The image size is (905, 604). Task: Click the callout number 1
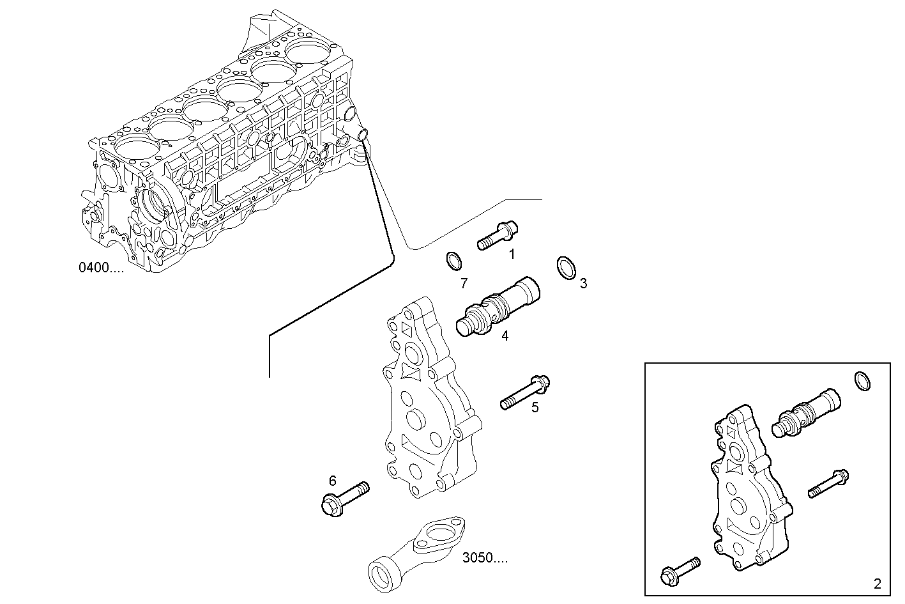click(512, 254)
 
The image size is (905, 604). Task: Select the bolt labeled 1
click(498, 236)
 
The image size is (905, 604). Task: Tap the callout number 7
click(464, 283)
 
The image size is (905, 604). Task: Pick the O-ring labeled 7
click(453, 261)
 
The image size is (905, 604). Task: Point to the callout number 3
click(583, 283)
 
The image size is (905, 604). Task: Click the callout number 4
click(505, 336)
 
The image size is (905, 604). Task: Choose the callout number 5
click(535, 407)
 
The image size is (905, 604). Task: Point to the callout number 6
click(332, 481)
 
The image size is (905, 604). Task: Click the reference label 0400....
click(101, 268)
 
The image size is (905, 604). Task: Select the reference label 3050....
click(485, 558)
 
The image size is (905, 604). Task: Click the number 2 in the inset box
click(877, 584)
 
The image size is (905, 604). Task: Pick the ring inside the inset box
click(862, 380)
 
